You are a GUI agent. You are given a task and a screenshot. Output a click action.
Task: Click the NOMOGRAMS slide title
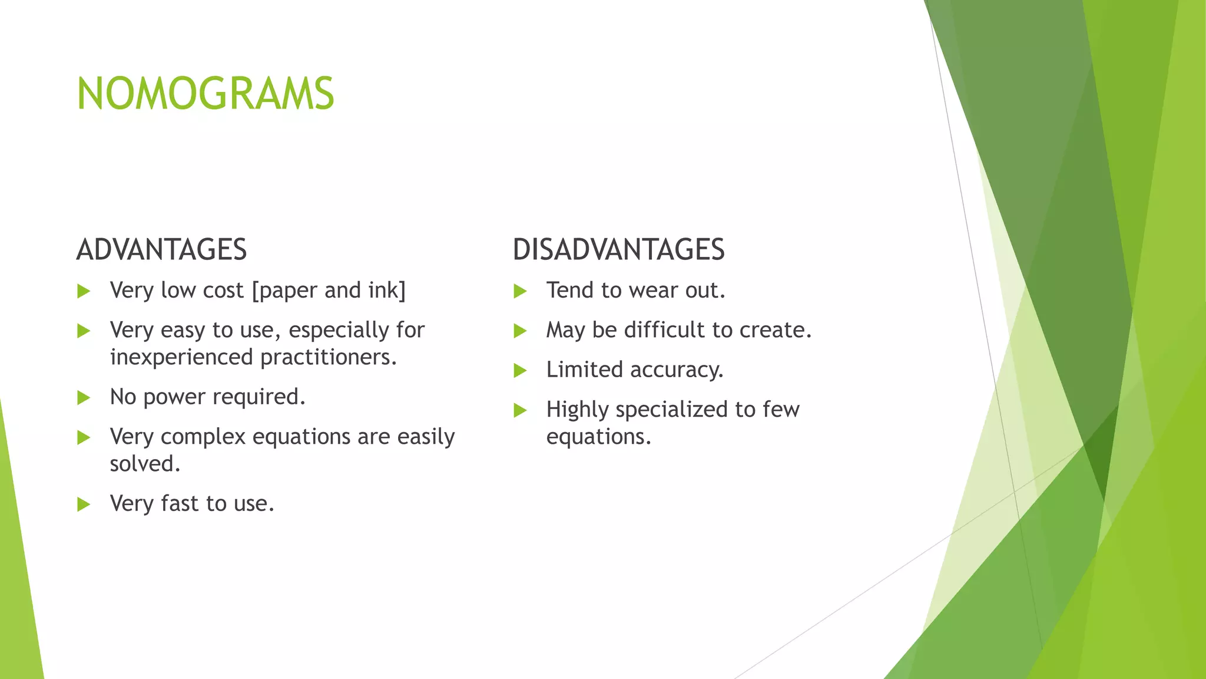206,94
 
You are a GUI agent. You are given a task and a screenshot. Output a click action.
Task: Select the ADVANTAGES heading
161,249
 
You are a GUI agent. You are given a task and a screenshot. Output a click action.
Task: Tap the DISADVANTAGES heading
618,249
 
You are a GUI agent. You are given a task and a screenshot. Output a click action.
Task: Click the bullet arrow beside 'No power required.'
84,398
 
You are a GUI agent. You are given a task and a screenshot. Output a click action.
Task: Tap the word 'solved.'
145,464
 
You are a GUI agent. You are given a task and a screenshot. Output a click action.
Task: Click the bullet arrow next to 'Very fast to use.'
84,505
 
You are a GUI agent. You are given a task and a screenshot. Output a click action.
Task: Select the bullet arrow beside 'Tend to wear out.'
520,291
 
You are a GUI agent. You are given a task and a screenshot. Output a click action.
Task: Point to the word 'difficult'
664,330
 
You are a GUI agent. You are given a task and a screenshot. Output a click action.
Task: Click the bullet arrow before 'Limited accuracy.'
520,371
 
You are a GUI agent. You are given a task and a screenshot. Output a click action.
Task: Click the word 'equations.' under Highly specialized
599,437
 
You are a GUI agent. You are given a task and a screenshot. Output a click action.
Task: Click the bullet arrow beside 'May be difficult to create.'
520,331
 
